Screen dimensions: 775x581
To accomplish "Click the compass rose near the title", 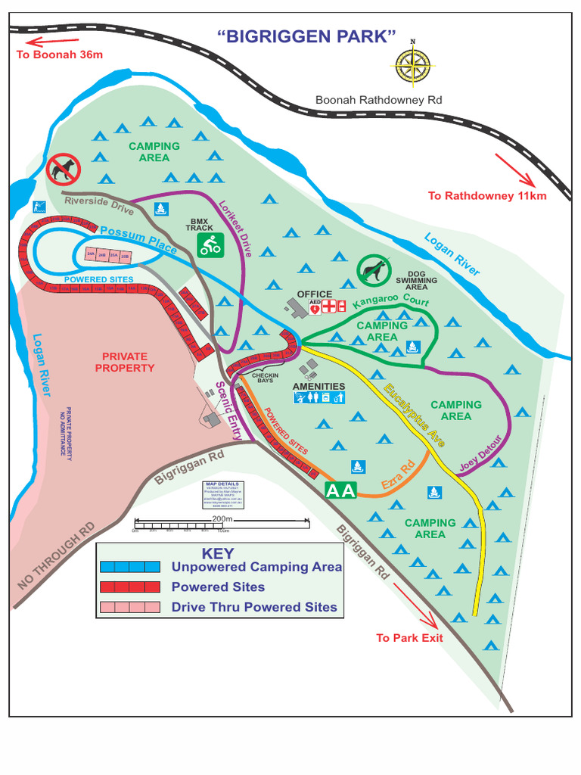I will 412,63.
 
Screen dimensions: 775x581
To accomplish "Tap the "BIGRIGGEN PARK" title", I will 307,37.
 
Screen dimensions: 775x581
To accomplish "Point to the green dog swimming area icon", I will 372,269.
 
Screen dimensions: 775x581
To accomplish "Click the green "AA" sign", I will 340,490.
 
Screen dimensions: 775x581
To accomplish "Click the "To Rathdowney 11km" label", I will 487,196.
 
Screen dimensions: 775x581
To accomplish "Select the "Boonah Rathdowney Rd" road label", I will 379,100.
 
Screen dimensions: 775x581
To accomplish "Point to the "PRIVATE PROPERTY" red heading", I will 125,362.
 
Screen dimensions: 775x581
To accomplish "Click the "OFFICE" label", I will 315,294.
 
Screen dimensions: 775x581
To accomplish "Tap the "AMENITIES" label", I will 318,387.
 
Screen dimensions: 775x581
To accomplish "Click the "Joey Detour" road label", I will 482,454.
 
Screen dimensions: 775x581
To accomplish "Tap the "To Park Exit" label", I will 410,638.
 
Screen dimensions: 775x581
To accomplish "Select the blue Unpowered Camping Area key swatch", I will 129,566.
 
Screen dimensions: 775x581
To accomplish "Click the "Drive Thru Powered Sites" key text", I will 254,607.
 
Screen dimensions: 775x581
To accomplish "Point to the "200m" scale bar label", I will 222,518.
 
